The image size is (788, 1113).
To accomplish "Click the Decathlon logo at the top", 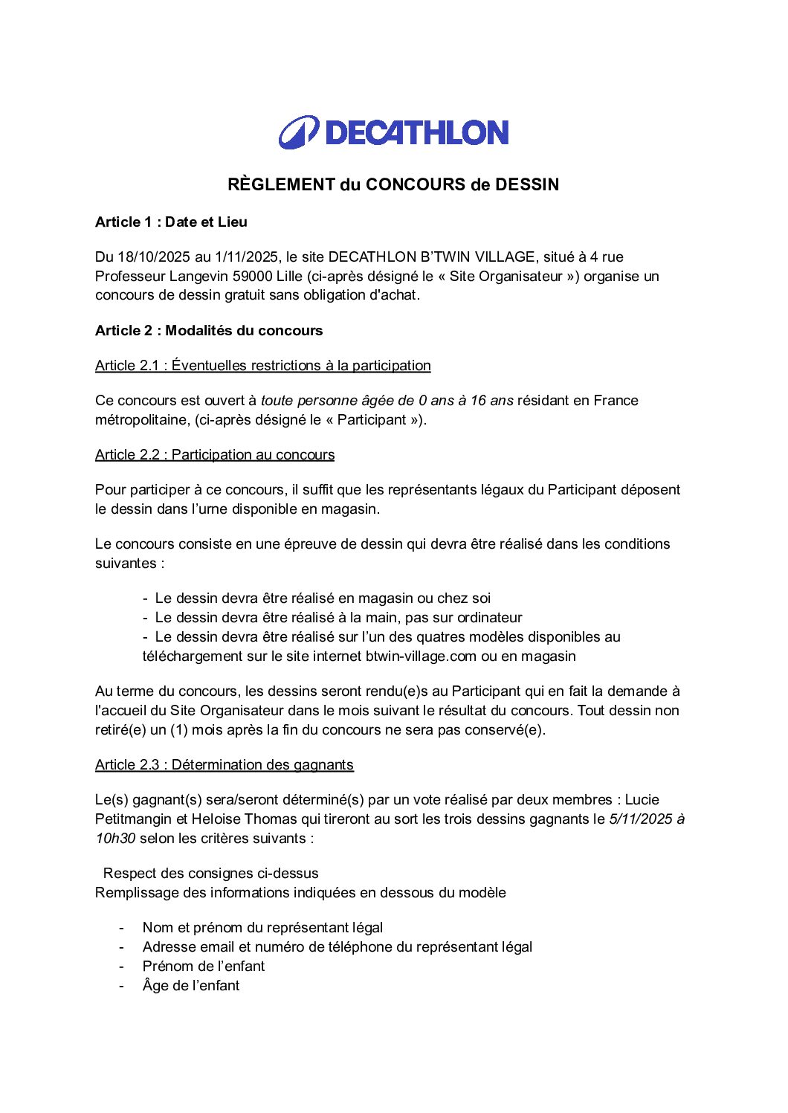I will [393, 132].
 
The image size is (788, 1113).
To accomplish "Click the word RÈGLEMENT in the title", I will [281, 185].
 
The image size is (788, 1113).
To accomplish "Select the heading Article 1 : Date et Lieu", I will [171, 222].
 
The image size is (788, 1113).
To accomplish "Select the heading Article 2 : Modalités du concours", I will [209, 331].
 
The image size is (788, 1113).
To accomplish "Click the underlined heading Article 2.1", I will [262, 366].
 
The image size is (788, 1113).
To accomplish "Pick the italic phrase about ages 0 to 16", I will [387, 401].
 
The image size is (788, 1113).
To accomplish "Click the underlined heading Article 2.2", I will [215, 455].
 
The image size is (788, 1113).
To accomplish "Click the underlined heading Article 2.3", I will [224, 765].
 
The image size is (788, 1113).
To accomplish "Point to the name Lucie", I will [642, 800].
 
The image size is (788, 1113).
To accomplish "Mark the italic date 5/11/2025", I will [640, 819].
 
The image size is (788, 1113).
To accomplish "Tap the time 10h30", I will [115, 839].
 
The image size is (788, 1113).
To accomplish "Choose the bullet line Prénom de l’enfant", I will [203, 967].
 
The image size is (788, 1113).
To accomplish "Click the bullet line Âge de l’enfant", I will [190, 986].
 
